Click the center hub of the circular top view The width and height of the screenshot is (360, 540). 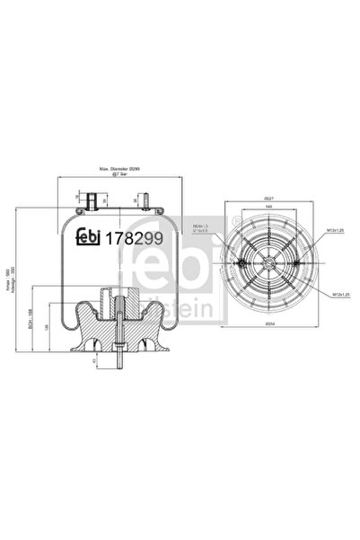click(268, 261)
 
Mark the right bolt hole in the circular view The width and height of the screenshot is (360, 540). click(294, 261)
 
